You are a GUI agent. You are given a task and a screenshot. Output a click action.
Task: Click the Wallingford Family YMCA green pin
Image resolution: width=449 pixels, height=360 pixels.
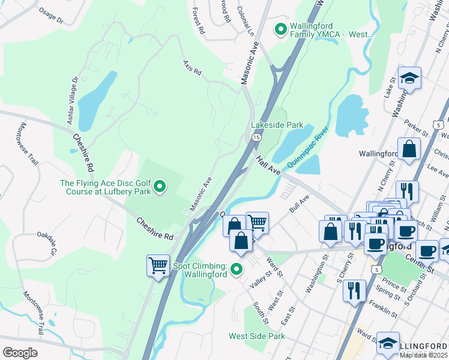click(280, 29)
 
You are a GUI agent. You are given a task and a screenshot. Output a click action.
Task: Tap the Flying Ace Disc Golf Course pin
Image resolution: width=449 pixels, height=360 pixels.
click(159, 188)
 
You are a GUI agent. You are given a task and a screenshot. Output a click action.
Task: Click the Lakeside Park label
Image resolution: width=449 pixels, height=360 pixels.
click(277, 125)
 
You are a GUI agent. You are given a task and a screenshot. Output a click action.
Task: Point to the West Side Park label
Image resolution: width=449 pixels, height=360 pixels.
click(257, 336)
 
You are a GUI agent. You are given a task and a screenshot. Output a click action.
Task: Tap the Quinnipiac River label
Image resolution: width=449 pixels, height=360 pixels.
click(309, 148)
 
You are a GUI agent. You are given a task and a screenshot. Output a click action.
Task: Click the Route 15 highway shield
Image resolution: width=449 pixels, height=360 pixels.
click(256, 137)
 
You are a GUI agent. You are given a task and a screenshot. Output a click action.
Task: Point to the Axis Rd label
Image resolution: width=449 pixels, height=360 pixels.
click(192, 67)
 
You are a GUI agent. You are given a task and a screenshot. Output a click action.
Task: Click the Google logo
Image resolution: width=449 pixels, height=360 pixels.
click(20, 352)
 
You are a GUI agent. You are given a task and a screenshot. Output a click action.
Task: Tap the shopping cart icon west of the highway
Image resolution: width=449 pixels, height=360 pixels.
click(158, 265)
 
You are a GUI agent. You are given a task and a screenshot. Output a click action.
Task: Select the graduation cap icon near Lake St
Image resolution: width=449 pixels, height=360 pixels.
click(409, 79)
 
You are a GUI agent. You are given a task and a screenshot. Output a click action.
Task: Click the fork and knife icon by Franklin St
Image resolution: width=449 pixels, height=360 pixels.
click(354, 291)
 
